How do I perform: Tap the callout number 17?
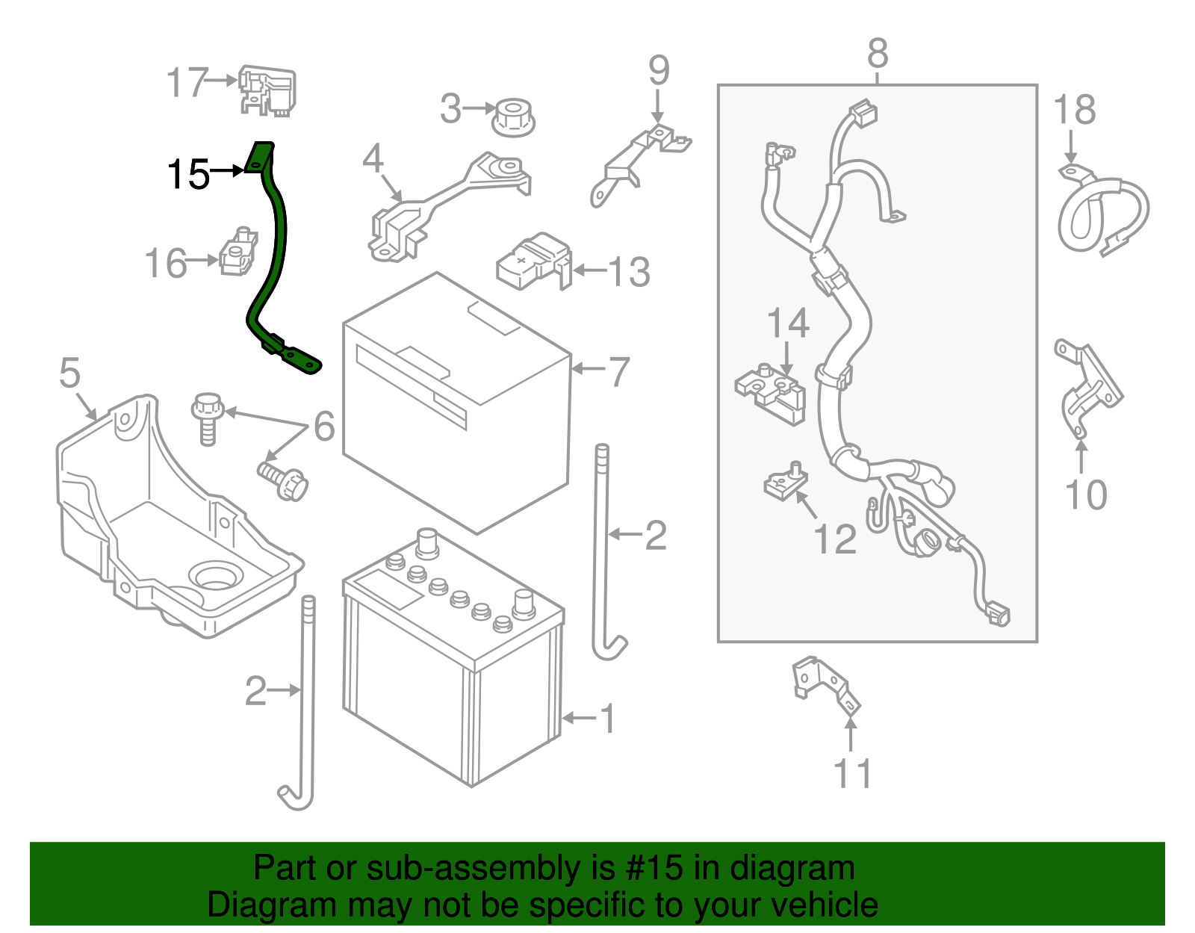click(x=187, y=82)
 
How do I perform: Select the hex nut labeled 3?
click(x=513, y=117)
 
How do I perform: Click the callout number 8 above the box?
click(x=878, y=54)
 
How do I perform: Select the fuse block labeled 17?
click(x=267, y=90)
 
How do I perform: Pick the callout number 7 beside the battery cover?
click(x=619, y=371)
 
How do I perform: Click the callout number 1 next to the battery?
click(x=608, y=718)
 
